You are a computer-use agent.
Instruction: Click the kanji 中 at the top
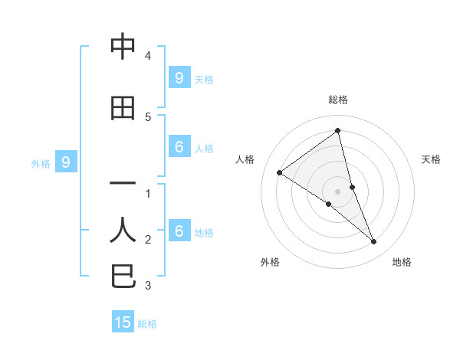[123, 47]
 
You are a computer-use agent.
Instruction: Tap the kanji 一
[123, 185]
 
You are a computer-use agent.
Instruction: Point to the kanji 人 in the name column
[123, 229]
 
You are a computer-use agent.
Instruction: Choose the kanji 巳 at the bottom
[123, 276]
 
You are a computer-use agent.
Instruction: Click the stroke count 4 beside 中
[148, 56]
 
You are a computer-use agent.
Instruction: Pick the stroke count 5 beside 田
[148, 116]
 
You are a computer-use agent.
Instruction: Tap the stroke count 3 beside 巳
[148, 286]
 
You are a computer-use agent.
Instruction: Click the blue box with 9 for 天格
[179, 77]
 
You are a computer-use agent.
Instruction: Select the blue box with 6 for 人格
[179, 147]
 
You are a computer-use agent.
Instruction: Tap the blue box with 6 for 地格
[179, 231]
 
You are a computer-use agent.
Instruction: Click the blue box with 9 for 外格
[66, 162]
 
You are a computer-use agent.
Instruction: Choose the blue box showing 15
[123, 322]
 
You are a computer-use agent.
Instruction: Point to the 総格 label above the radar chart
[338, 100]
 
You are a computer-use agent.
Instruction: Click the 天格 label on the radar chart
[431, 159]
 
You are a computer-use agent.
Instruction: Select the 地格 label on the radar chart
[402, 263]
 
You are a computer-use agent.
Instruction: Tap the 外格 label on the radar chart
[270, 263]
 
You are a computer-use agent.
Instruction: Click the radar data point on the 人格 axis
[280, 172]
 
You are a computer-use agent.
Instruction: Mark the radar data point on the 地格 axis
[374, 241]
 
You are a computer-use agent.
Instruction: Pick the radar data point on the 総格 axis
[338, 131]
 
